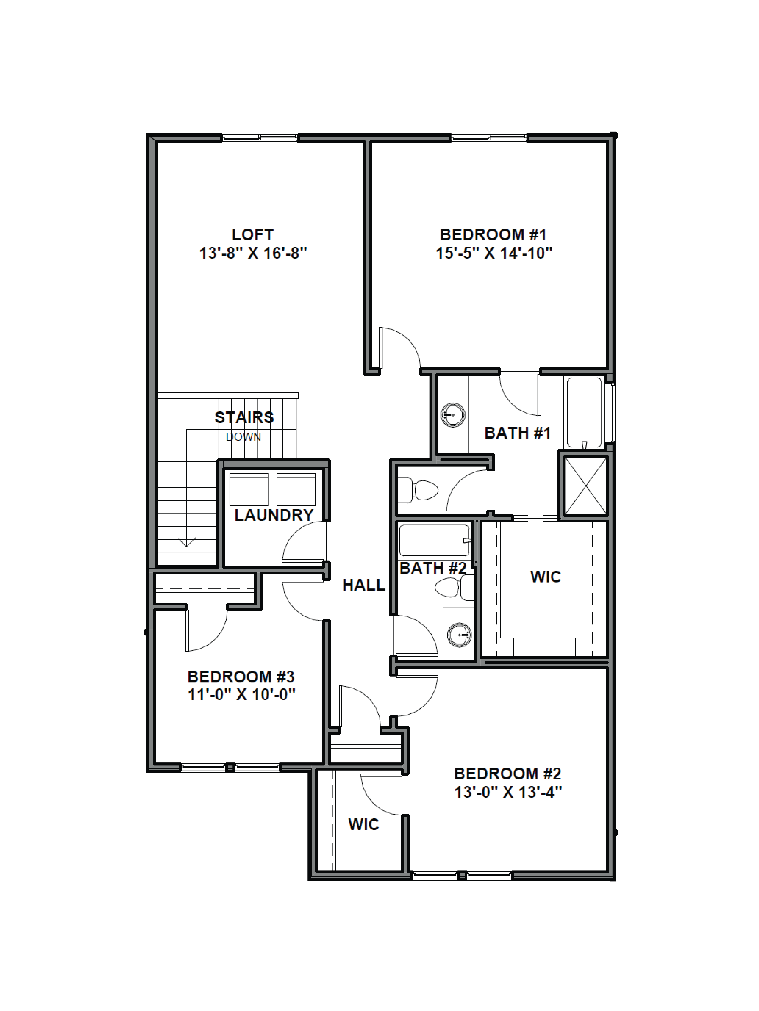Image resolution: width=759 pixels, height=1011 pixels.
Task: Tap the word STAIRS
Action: pyautogui.click(x=244, y=417)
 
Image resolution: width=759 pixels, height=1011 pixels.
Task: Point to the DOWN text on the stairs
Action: pyautogui.click(x=243, y=437)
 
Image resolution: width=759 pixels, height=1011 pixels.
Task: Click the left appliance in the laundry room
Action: pyautogui.click(x=249, y=489)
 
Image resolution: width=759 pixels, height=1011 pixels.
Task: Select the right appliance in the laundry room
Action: pyautogui.click(x=296, y=489)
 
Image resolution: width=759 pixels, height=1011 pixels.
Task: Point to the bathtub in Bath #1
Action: pyautogui.click(x=584, y=412)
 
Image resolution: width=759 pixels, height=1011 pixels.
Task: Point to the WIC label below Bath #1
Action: pyautogui.click(x=545, y=577)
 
